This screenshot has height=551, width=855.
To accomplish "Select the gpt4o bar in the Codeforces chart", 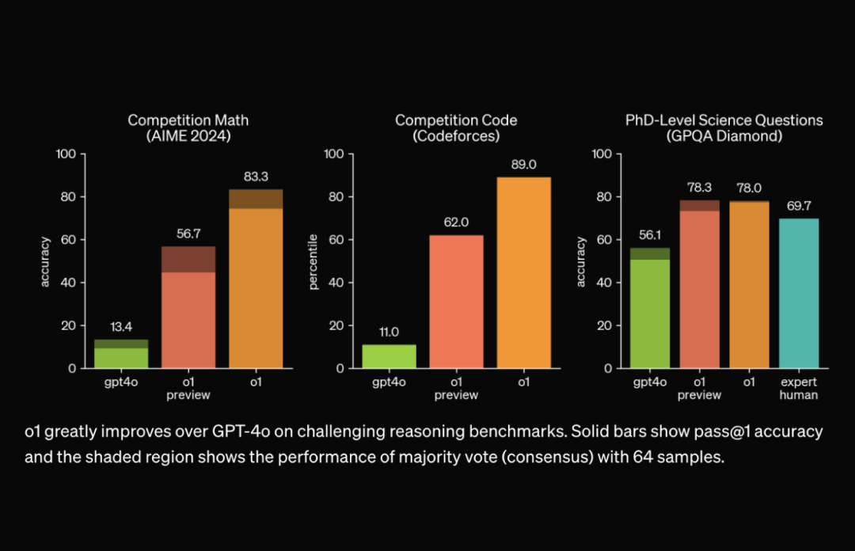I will [x=389, y=356].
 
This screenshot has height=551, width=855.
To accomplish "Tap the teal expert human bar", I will [x=798, y=293].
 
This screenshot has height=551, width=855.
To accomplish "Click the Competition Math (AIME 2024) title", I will [x=188, y=128].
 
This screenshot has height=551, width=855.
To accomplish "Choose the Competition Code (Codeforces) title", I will [x=456, y=128].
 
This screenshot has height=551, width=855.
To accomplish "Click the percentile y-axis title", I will [x=313, y=261].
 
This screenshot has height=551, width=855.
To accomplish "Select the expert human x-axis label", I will [x=798, y=389].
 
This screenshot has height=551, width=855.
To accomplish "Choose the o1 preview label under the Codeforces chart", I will [x=456, y=389].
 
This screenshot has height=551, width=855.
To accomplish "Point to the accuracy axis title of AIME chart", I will [x=45, y=261].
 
